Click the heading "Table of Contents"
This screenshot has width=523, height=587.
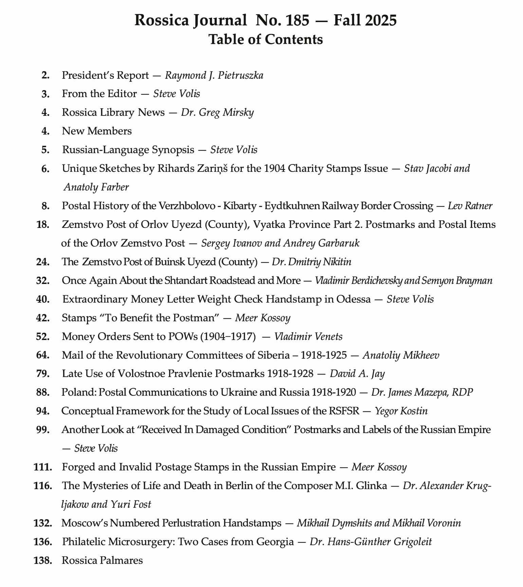[x=266, y=39]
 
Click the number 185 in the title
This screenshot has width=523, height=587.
[x=297, y=20]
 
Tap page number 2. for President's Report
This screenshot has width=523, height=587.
[x=46, y=75]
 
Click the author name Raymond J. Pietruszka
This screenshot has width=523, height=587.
[x=214, y=75]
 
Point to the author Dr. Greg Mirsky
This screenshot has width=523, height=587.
[x=217, y=112]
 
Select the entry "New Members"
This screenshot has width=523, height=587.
[x=97, y=131]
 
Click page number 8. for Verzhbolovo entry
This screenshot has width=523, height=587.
[x=46, y=206]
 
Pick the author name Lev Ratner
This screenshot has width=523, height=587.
[x=470, y=206]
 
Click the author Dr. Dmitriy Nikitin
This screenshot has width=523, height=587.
[x=311, y=262]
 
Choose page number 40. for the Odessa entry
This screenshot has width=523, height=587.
[x=43, y=299]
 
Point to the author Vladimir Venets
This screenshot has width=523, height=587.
[x=308, y=337]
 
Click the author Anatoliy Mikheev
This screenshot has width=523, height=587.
[x=401, y=355]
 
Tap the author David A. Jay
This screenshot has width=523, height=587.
[x=357, y=374]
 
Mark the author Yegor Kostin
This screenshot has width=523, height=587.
[x=401, y=411]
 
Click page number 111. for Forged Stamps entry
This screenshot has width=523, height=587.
[x=43, y=467]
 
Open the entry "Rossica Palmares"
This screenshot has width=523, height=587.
[x=102, y=560]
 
